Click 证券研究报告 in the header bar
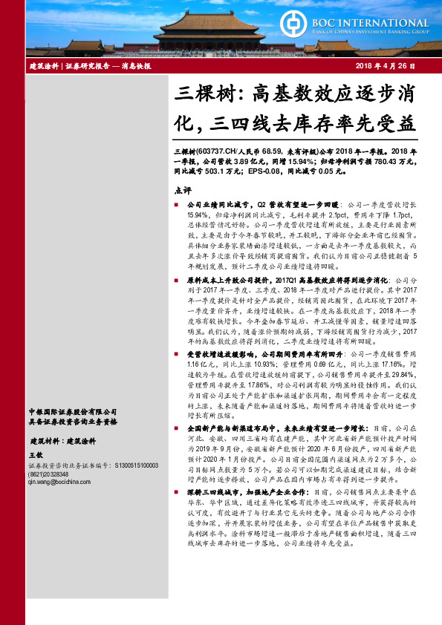pos(87,66)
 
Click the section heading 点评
pos(181,189)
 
